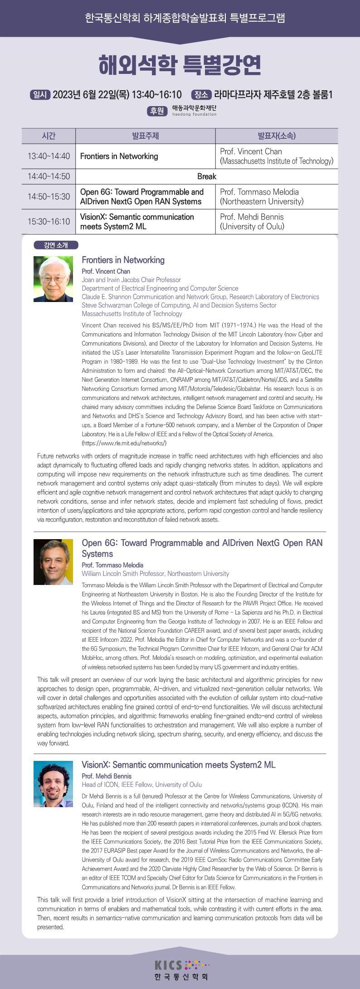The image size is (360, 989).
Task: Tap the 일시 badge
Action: coord(40,95)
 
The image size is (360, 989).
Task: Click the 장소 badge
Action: coord(201,95)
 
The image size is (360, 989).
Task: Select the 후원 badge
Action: coord(157,111)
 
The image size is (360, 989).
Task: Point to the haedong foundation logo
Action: coord(194,111)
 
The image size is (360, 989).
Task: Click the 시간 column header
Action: coord(49,136)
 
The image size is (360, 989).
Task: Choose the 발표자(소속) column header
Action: coord(276,136)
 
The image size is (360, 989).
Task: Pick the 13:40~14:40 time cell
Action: coord(49,156)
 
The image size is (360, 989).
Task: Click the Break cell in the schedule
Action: coord(207,176)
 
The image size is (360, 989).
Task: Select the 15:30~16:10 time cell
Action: coord(49,222)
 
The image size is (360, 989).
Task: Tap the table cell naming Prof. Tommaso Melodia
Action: coord(276,197)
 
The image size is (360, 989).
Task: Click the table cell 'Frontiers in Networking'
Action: coord(119,156)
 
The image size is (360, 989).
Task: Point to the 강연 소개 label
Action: coord(56,245)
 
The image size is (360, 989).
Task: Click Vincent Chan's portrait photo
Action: coord(53,279)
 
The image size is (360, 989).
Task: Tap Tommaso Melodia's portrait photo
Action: coord(53,562)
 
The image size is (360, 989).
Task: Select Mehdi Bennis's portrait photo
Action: coord(53,784)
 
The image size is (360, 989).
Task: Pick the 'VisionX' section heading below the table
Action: coord(178,765)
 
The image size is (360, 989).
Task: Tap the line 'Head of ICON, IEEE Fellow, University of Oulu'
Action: coord(142,784)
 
